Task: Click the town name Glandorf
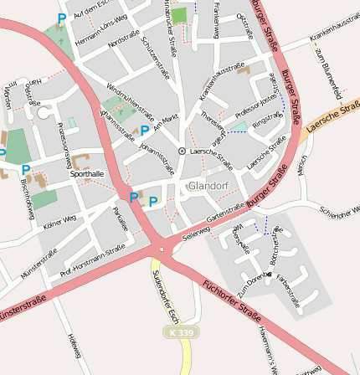point(208,185)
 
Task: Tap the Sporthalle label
point(87,174)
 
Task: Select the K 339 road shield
point(181,332)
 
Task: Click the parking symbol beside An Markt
point(145,130)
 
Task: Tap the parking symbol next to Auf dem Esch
point(61,18)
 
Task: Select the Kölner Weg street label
point(59,219)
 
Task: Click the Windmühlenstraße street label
point(130,100)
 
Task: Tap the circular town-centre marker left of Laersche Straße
point(182,151)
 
